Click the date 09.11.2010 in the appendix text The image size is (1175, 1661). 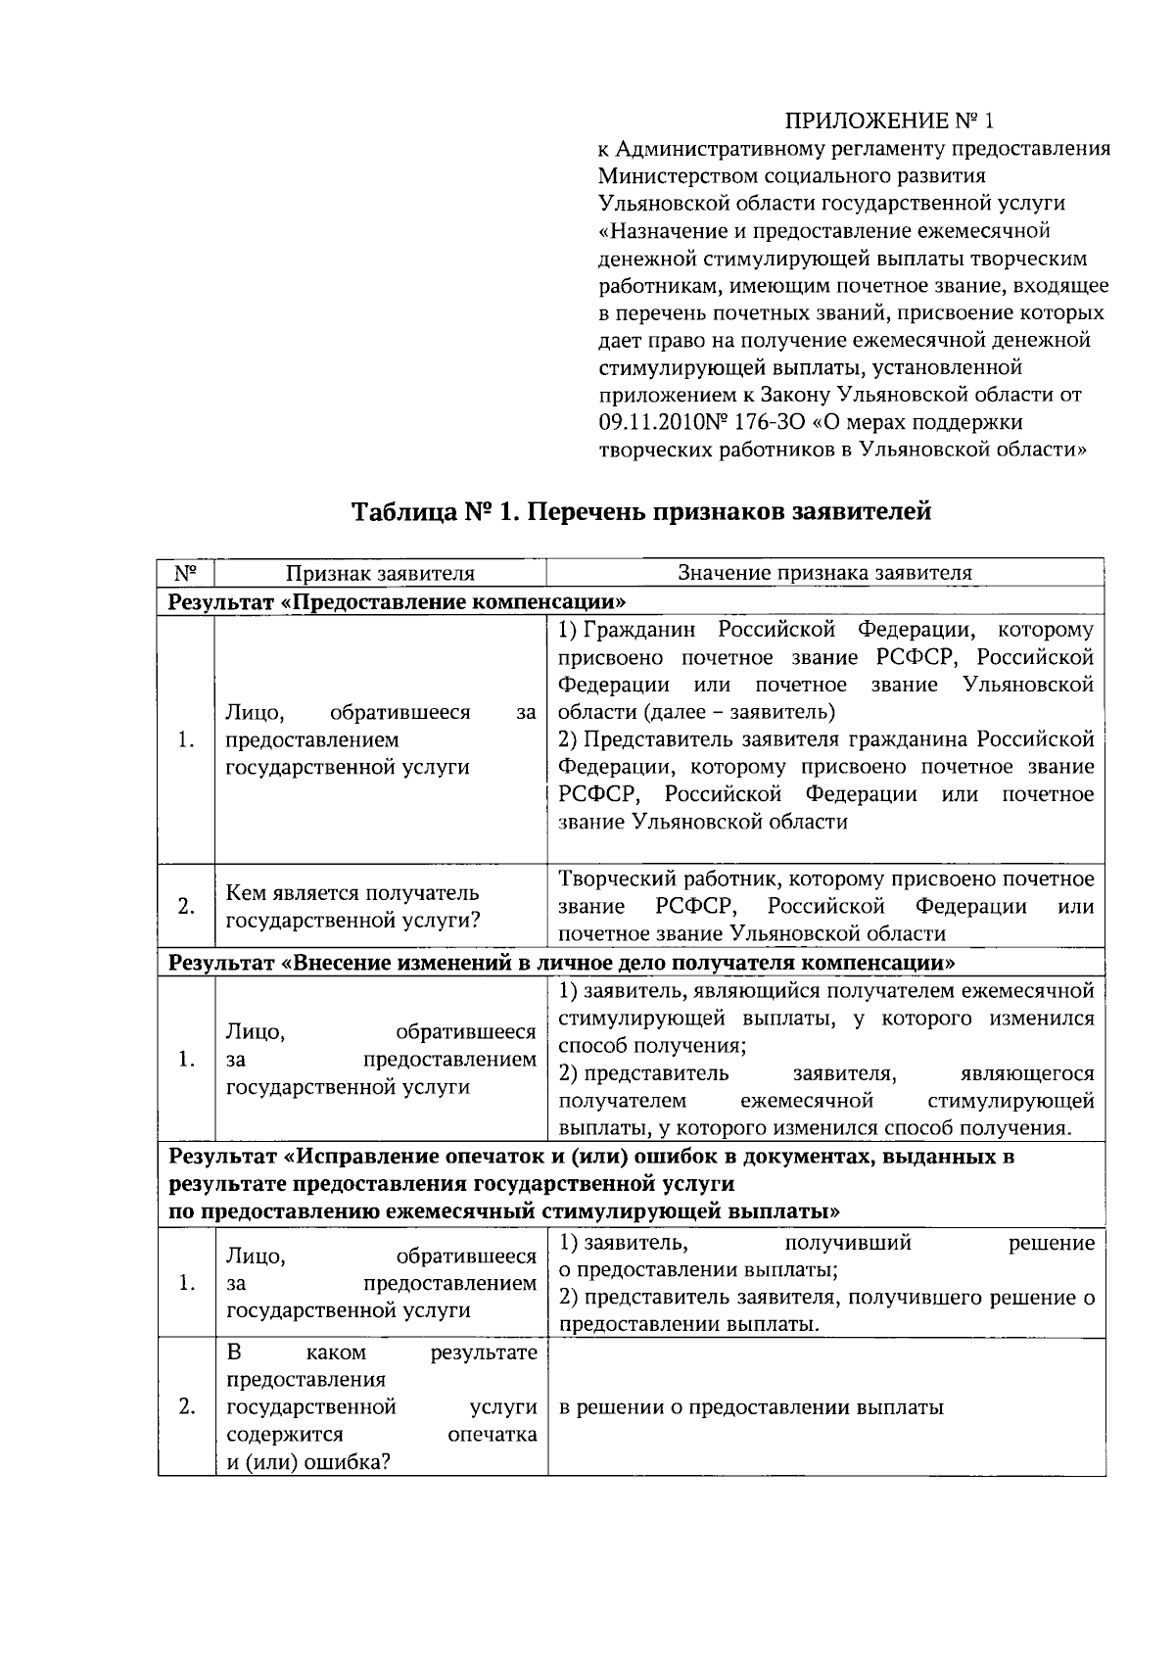pyautogui.click(x=646, y=422)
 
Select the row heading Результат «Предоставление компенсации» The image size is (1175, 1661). pyautogui.click(x=397, y=600)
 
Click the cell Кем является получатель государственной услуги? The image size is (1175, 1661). pyautogui.click(x=352, y=906)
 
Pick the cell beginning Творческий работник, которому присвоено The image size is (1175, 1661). pyautogui.click(x=824, y=906)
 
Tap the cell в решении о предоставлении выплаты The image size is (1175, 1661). pyautogui.click(x=751, y=1407)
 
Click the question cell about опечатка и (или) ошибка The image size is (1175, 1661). pyautogui.click(x=380, y=1407)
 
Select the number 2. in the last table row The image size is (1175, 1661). pyautogui.click(x=186, y=1407)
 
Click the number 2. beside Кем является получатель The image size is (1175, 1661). pyautogui.click(x=186, y=906)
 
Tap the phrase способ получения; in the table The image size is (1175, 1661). pyautogui.click(x=652, y=1046)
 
